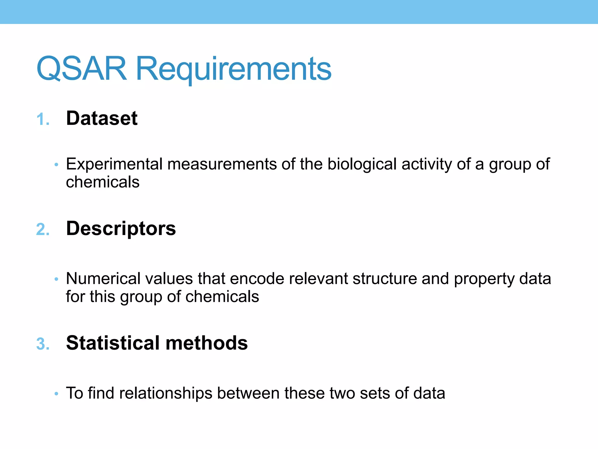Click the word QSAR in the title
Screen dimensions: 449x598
coord(82,69)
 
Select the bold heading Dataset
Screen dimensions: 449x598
coord(102,118)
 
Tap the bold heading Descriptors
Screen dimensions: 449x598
coord(121,228)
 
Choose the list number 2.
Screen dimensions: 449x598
coord(43,229)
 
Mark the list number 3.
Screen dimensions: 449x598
coord(43,344)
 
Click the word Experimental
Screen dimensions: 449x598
coord(114,164)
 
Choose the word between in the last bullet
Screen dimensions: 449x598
coord(248,393)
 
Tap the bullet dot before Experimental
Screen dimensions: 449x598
coord(56,165)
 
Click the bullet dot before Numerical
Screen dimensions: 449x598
coord(56,279)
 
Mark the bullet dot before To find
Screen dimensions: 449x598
coord(56,394)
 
